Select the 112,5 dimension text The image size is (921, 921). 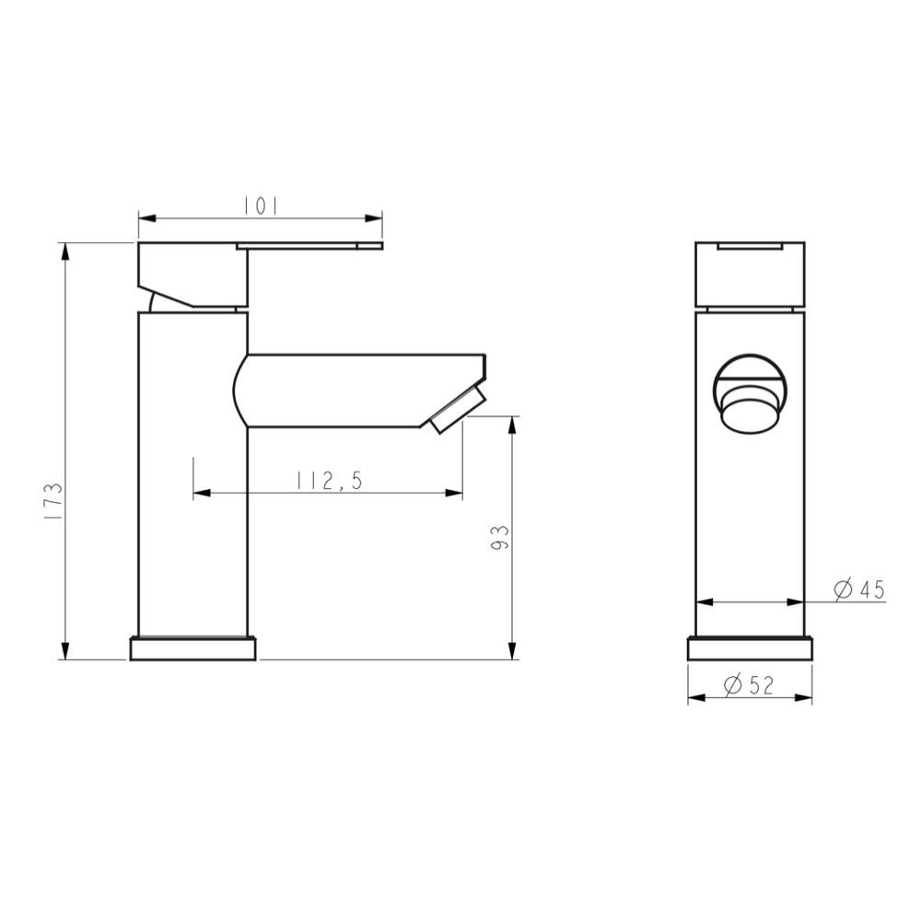tap(329, 480)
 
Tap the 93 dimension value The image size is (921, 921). tap(500, 538)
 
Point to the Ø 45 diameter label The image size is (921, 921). tap(858, 589)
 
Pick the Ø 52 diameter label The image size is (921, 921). tap(748, 684)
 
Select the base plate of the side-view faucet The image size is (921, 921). tap(194, 648)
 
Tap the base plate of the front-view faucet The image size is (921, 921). tap(750, 648)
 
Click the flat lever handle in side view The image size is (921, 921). tap(309, 245)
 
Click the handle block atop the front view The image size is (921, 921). tap(750, 274)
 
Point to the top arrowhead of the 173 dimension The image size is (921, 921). tap(64, 250)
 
